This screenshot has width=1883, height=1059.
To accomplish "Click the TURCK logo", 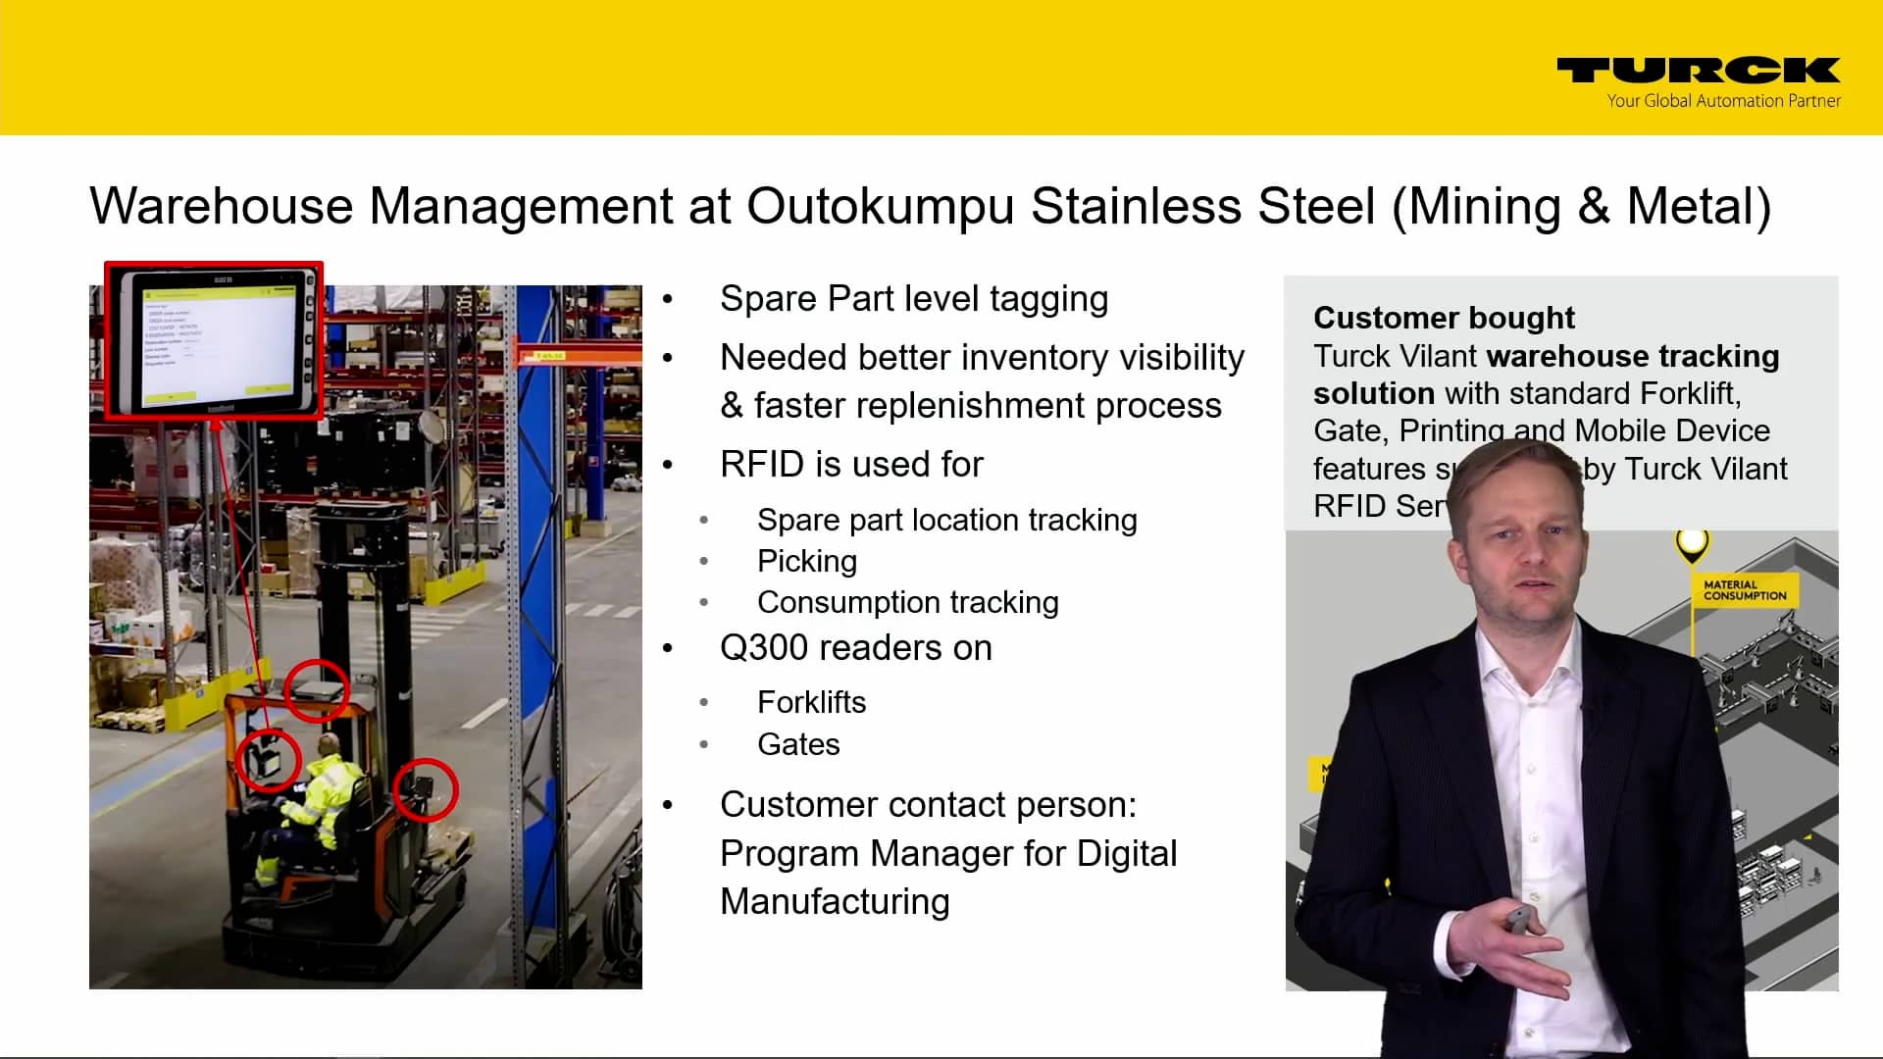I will [1698, 70].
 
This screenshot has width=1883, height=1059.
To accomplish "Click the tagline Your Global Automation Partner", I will [1723, 101].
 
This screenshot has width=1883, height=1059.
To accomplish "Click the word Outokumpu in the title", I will [880, 207].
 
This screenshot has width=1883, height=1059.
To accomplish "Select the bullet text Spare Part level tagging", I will [913, 299].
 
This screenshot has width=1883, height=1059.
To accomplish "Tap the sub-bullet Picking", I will [806, 561].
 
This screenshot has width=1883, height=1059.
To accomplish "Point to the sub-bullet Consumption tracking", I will [907, 602].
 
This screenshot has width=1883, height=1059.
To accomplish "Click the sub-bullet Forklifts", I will [811, 702].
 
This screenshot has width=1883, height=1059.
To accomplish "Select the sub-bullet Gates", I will [798, 744].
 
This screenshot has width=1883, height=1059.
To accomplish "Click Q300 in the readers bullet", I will [762, 648].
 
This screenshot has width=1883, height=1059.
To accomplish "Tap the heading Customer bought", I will [1443, 318].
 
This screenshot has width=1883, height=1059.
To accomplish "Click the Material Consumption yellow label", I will [1744, 590].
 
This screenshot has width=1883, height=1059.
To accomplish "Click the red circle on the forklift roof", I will [317, 690].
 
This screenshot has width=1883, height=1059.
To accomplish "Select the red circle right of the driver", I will [426, 789].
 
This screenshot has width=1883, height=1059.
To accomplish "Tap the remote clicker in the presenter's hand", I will [1518, 920].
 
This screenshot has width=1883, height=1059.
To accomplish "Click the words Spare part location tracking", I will [946, 520].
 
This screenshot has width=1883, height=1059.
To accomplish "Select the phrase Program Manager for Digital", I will [947, 853].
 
